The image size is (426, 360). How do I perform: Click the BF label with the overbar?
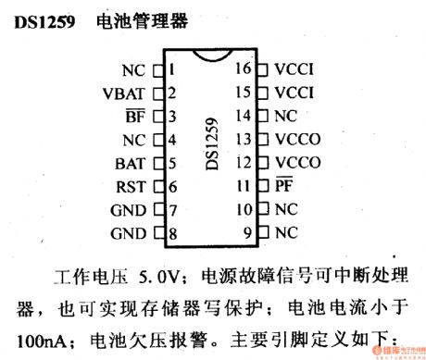point(146,117)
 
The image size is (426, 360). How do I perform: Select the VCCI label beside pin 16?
point(295,69)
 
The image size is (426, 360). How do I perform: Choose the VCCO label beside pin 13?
point(296,139)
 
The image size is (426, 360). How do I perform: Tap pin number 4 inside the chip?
point(173,140)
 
